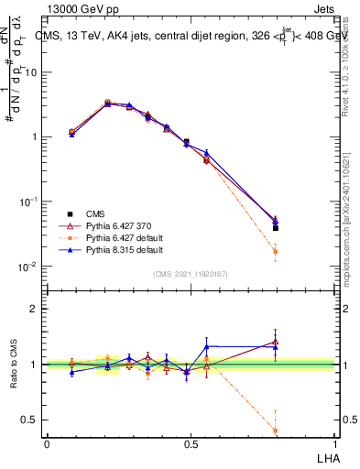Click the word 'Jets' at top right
(322, 9)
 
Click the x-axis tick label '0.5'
(190, 443)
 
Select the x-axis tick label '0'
(47, 443)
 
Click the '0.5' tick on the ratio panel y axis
(30, 420)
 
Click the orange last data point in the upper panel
(276, 251)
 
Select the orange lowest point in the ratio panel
(276, 431)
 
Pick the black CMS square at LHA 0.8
(276, 227)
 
